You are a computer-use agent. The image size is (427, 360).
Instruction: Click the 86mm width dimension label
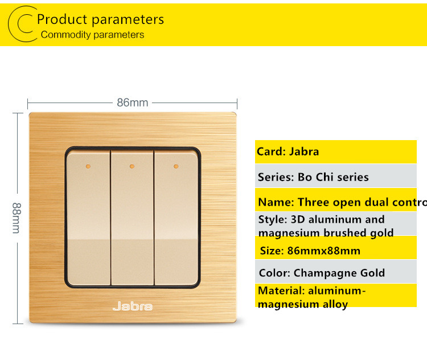(x=132, y=103)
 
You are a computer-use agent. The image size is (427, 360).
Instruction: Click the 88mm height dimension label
(x=17, y=218)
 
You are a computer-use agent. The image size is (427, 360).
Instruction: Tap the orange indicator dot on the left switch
(x=88, y=166)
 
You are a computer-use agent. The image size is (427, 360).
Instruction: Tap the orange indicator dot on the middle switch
(x=132, y=166)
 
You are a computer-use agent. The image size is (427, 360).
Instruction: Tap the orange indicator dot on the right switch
(x=176, y=166)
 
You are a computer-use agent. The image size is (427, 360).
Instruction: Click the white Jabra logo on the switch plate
(x=132, y=306)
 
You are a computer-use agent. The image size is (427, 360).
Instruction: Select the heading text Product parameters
(x=100, y=19)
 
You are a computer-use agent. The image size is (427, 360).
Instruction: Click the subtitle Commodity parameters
(x=92, y=35)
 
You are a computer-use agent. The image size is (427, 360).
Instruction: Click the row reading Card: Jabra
(x=336, y=152)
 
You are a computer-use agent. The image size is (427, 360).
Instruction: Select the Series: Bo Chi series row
(x=336, y=176)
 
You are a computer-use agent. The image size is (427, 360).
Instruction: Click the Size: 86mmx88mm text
(x=310, y=251)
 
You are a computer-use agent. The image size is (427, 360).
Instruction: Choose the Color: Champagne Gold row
(x=336, y=272)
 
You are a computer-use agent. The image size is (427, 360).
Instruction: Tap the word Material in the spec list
(x=281, y=291)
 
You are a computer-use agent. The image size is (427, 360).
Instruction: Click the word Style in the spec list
(x=271, y=220)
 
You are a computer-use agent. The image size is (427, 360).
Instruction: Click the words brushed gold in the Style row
(x=359, y=233)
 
